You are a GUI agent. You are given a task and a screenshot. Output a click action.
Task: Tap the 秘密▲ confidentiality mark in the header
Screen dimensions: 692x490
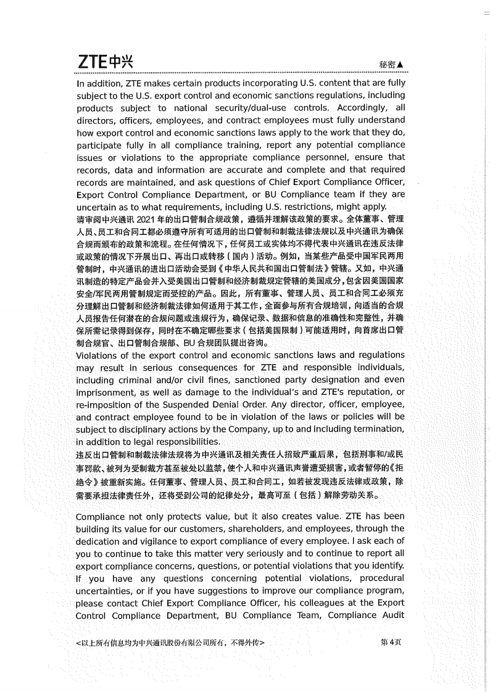[x=392, y=65]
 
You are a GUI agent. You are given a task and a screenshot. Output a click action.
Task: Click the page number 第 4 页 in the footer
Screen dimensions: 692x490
[x=391, y=642]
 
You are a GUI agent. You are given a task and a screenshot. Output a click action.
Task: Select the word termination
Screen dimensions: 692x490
[x=376, y=429]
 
